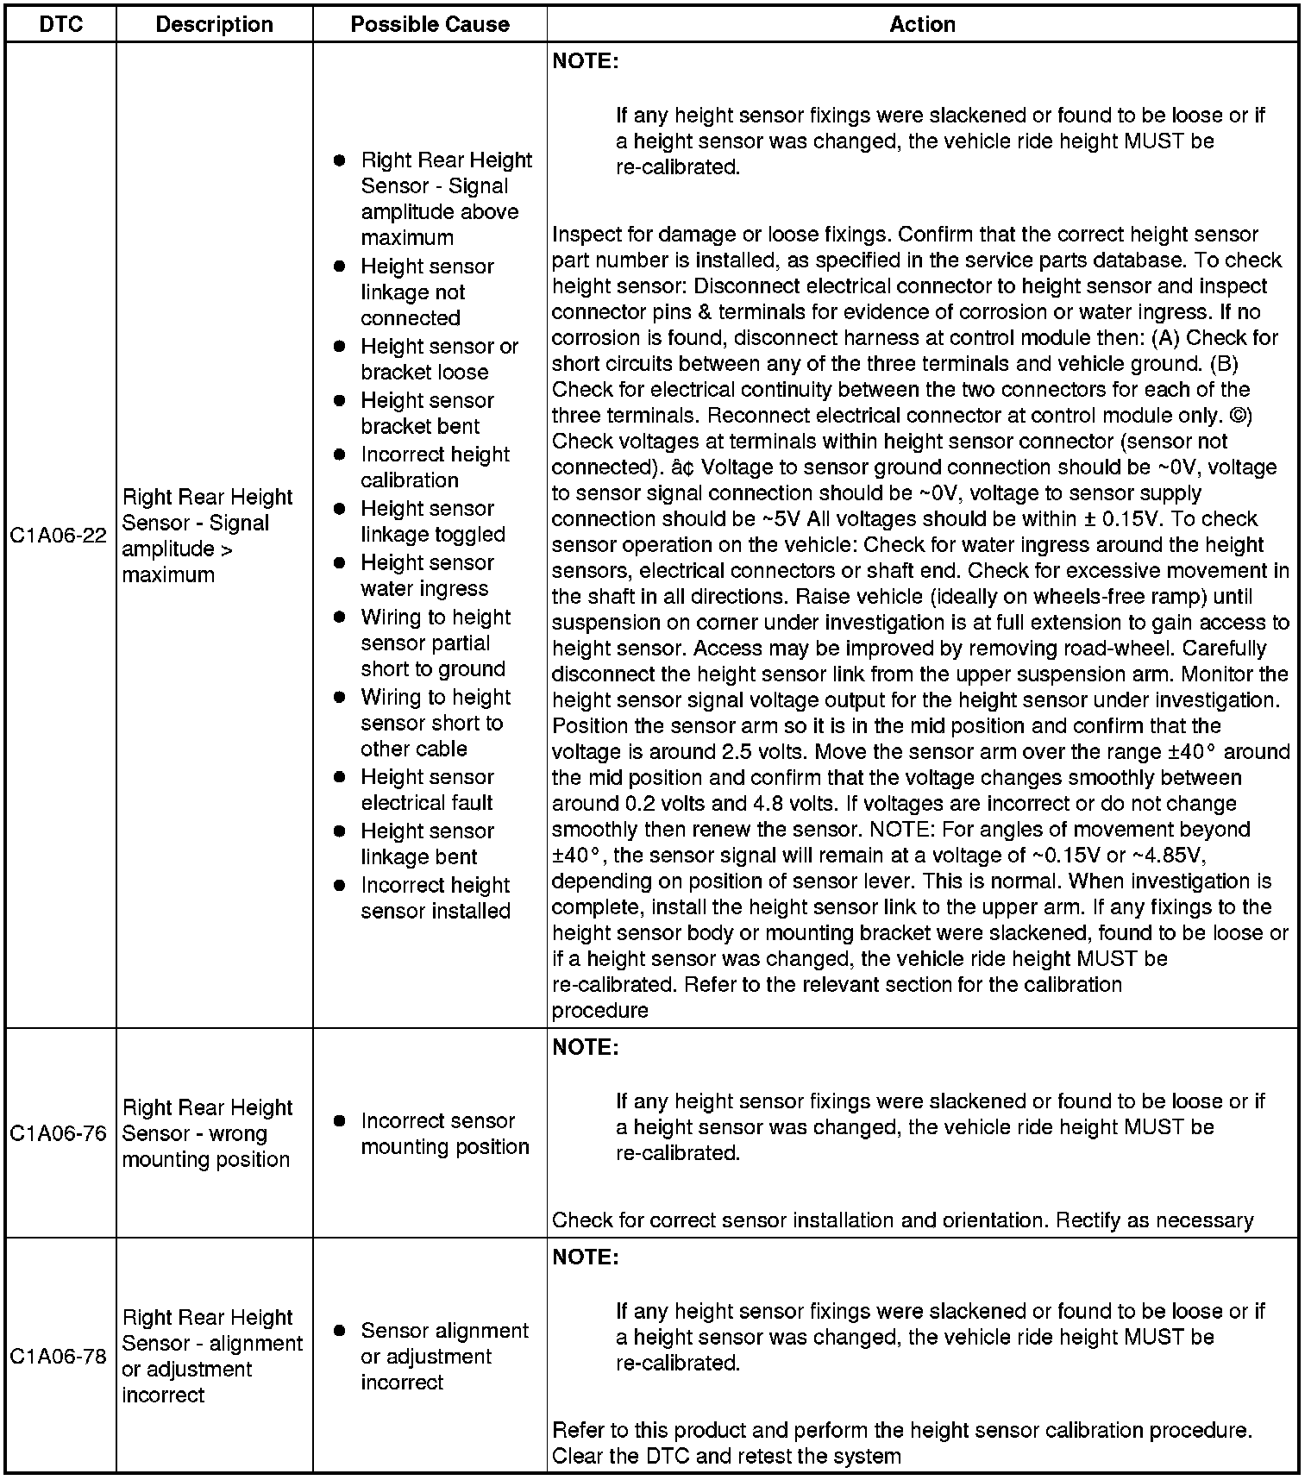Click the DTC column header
pyautogui.click(x=61, y=24)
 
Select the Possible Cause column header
pyautogui.click(x=430, y=24)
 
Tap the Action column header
pyautogui.click(x=922, y=24)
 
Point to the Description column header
pyautogui.click(x=214, y=24)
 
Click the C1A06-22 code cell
pyautogui.click(x=59, y=536)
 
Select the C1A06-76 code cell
pyautogui.click(x=59, y=1133)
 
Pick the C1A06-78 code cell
pyautogui.click(x=59, y=1357)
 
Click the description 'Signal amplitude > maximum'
pyautogui.click(x=208, y=536)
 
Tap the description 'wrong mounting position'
pyautogui.click(x=208, y=1133)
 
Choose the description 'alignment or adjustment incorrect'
pyautogui.click(x=212, y=1357)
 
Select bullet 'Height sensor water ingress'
pyautogui.click(x=427, y=576)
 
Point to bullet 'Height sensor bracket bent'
pyautogui.click(x=427, y=414)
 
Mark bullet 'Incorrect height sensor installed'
pyautogui.click(x=436, y=899)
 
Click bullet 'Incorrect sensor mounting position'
pyautogui.click(x=444, y=1134)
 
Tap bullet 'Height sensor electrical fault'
pyautogui.click(x=427, y=790)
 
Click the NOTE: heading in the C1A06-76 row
pyautogui.click(x=586, y=1047)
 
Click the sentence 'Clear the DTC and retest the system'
pyautogui.click(x=726, y=1457)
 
